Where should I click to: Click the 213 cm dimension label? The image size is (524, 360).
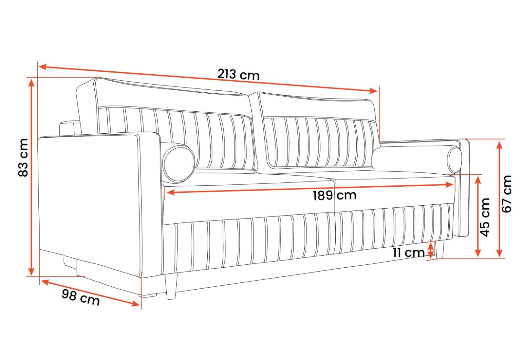point(238,75)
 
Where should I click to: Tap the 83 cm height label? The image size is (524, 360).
point(23,158)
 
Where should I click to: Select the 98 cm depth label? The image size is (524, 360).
point(81,297)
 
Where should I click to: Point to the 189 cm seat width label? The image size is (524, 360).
point(334,195)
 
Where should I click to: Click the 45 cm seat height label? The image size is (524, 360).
point(485,217)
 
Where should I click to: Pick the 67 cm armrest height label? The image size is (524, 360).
point(507,194)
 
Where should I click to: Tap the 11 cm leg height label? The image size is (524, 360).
point(408,253)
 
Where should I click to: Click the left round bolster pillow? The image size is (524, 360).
point(179,163)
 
